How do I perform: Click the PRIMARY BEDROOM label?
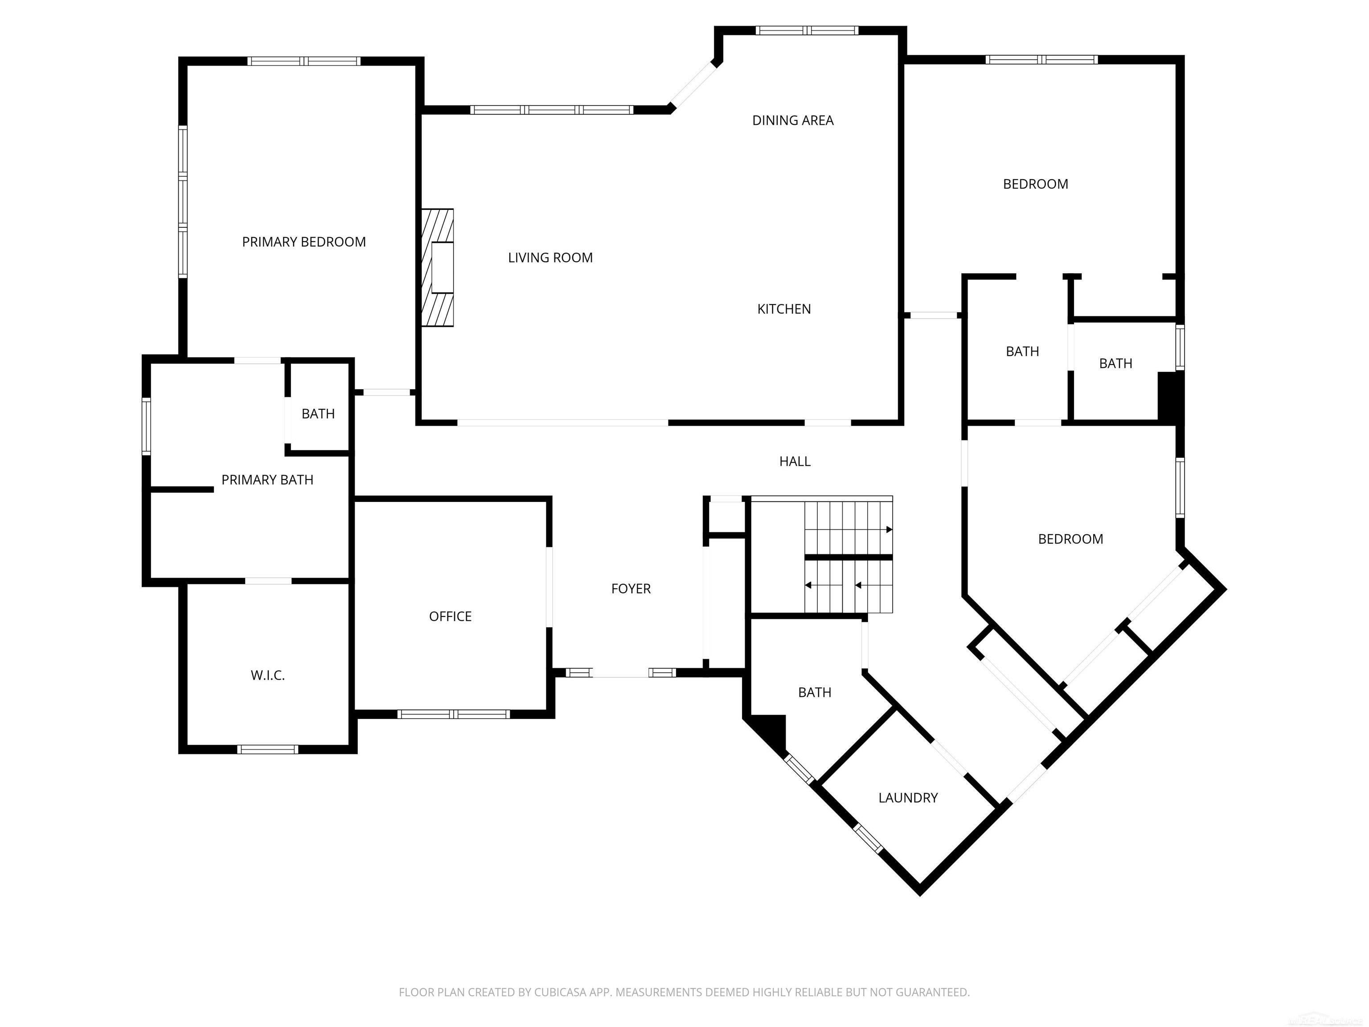click(x=303, y=242)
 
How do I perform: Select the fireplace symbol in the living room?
click(x=438, y=267)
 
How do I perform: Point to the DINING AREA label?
click(x=792, y=121)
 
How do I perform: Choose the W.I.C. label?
click(x=267, y=675)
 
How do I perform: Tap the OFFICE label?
click(x=450, y=616)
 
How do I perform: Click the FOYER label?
click(x=630, y=589)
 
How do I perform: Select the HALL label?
click(x=794, y=461)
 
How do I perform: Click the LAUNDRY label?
click(x=907, y=798)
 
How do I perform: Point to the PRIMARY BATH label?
click(x=267, y=480)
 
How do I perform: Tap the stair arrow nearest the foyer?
click(x=809, y=585)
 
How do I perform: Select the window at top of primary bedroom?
click(x=303, y=61)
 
